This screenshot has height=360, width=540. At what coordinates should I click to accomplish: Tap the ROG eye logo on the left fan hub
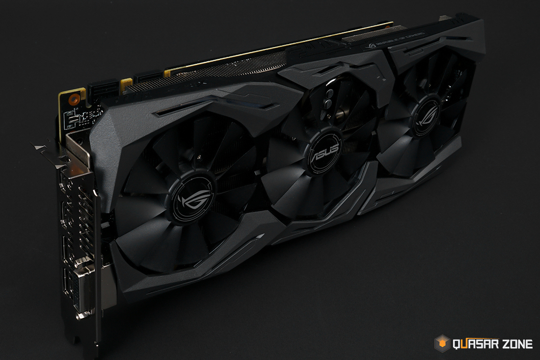pyautogui.click(x=192, y=199)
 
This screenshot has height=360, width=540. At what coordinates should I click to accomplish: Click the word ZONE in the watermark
pyautogui.click(x=516, y=344)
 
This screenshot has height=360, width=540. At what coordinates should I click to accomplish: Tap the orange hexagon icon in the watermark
pyautogui.click(x=442, y=343)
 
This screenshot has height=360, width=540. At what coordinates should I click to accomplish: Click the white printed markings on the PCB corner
pyautogui.click(x=79, y=118)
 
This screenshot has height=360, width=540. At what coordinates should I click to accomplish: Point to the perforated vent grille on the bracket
pyautogui.click(x=74, y=216)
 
